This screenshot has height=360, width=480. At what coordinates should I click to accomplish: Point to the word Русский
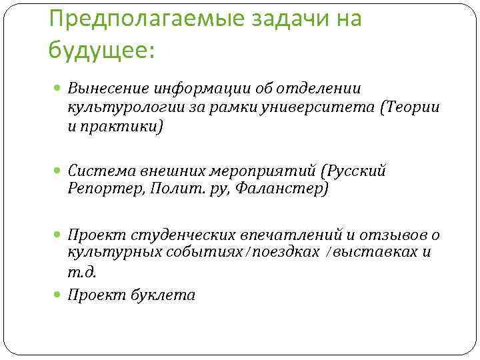355,171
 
